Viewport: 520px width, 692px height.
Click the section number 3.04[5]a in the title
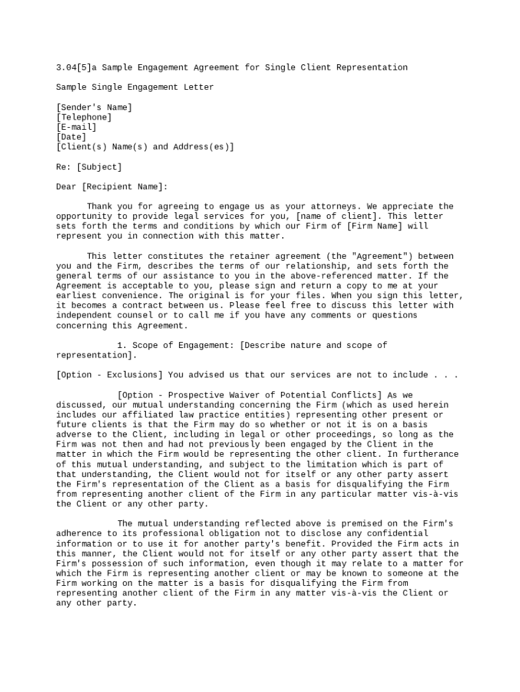tap(76, 68)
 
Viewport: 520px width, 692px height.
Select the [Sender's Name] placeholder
tap(94, 107)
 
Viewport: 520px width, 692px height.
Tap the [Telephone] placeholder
tap(84, 117)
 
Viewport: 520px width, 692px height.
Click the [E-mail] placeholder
tap(76, 127)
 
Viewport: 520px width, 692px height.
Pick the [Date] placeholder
tap(71, 137)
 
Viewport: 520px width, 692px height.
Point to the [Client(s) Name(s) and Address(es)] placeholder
tap(145, 147)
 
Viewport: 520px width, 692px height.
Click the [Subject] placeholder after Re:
tap(99, 167)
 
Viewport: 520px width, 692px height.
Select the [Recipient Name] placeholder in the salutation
tap(124, 187)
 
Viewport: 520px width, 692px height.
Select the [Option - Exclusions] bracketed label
tap(109, 375)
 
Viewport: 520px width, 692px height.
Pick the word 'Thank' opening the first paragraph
tap(99, 206)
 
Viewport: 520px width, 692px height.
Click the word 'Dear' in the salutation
tap(66, 187)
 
